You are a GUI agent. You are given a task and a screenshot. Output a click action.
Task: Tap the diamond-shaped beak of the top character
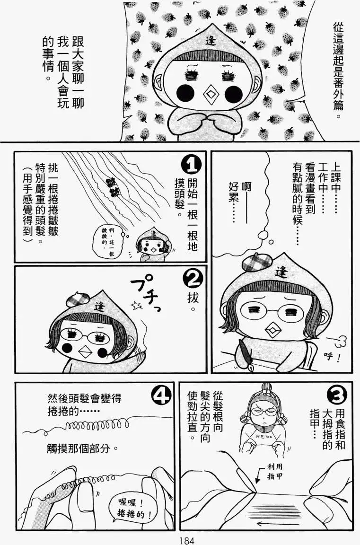209,95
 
